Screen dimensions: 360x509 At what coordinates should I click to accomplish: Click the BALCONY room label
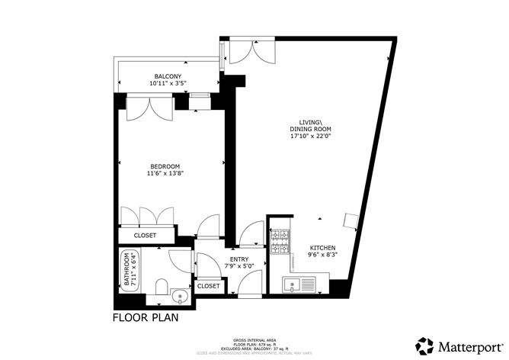pyautogui.click(x=168, y=76)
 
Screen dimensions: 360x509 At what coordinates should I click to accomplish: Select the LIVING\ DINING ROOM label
pyautogui.click(x=309, y=130)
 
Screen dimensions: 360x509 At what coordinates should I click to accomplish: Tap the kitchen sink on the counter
pyautogui.click(x=293, y=287)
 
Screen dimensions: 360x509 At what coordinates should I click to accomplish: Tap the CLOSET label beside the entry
pyautogui.click(x=209, y=286)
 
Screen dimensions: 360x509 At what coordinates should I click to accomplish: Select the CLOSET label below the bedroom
pyautogui.click(x=145, y=236)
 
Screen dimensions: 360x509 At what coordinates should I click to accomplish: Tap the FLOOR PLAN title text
pyautogui.click(x=146, y=317)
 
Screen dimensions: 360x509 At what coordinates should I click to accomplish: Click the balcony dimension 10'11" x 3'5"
pyautogui.click(x=168, y=84)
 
